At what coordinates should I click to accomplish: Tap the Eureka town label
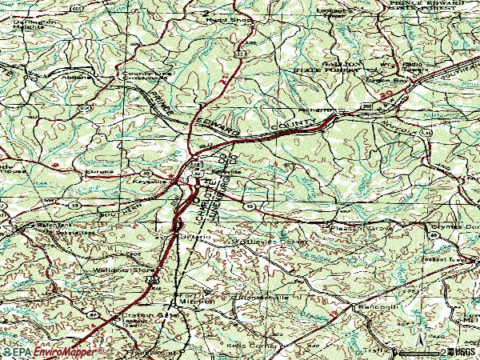pos(100,171)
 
